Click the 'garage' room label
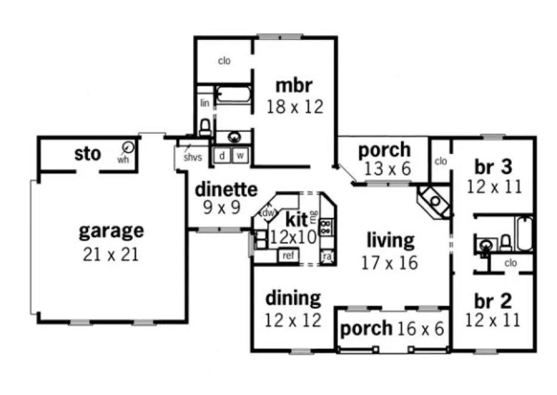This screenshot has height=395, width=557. pos(111,230)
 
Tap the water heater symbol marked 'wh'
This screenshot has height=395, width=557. pos(128,148)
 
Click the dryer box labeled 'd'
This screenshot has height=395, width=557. pos(222,156)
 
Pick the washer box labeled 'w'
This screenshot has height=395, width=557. pos(241,156)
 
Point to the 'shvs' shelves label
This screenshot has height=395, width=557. pos(192,158)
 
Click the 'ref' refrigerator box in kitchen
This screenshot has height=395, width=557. pos(288,256)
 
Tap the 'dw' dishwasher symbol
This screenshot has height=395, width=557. pos(267,212)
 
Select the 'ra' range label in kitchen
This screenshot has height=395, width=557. pos(326,256)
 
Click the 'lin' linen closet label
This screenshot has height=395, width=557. pos(204,103)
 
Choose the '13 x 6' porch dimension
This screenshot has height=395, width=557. pos(384,169)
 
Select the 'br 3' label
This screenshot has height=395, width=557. pos(494,166)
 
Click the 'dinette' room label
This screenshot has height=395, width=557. pos(226,190)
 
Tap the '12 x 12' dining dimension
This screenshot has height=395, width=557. pos(294,320)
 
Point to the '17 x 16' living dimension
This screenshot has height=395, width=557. pos(390,262)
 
